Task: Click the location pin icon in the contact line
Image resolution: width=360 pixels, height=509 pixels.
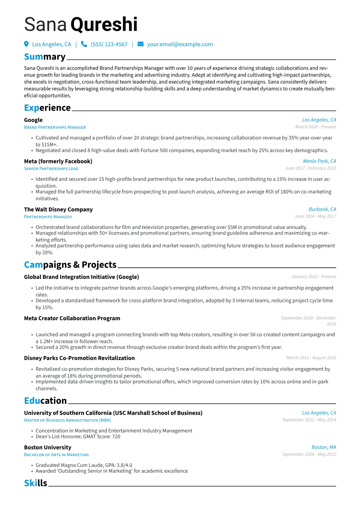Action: (x=26, y=44)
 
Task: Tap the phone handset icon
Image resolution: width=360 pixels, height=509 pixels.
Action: (x=84, y=44)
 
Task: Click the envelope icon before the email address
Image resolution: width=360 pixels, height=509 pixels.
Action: (x=140, y=44)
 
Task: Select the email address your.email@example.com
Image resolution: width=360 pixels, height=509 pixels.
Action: (x=180, y=44)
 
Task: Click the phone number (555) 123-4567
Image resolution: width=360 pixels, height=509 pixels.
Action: (x=109, y=44)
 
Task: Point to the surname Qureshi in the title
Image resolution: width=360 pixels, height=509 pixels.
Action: (x=104, y=24)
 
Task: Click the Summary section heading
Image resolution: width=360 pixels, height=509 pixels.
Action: (x=45, y=57)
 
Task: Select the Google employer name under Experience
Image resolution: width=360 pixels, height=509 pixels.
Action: (x=33, y=120)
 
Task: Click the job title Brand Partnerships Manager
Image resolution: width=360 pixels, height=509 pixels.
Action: (x=55, y=127)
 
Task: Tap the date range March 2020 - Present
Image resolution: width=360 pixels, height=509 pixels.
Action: (x=316, y=127)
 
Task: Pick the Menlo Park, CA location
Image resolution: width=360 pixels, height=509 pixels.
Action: (x=319, y=161)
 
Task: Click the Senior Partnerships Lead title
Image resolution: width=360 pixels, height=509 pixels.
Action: (x=51, y=169)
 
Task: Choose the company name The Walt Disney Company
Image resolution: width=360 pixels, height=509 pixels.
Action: (x=58, y=210)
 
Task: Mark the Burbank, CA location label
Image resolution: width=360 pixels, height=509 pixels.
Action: (x=322, y=209)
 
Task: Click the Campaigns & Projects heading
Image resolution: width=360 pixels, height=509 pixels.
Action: (x=70, y=265)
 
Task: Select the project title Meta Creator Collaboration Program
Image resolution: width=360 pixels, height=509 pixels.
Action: (x=72, y=318)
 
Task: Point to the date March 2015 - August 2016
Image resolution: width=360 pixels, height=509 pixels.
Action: (x=311, y=358)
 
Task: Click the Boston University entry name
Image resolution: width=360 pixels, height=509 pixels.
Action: (x=47, y=448)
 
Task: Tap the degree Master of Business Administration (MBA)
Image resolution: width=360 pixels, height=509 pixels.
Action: (x=67, y=420)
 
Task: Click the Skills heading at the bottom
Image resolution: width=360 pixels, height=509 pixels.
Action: (x=36, y=483)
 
